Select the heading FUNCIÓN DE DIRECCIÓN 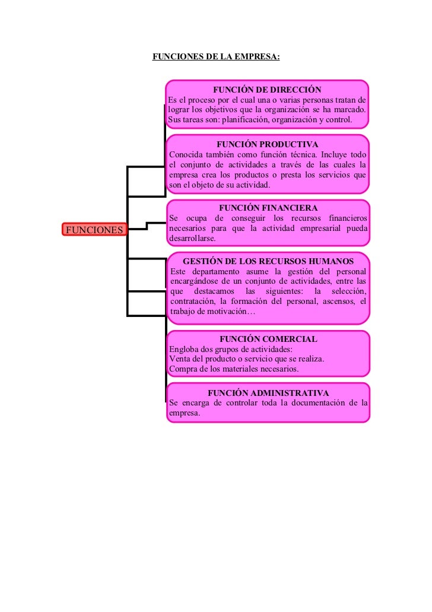pyautogui.click(x=267, y=90)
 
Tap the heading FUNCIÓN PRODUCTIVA pyautogui.click(x=267, y=144)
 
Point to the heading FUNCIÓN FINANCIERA pyautogui.click(x=268, y=208)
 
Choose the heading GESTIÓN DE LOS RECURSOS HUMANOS pyautogui.click(x=268, y=262)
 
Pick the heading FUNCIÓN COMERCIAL pyautogui.click(x=268, y=339)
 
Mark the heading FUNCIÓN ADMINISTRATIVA pyautogui.click(x=268, y=393)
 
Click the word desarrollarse pyautogui.click(x=193, y=239)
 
